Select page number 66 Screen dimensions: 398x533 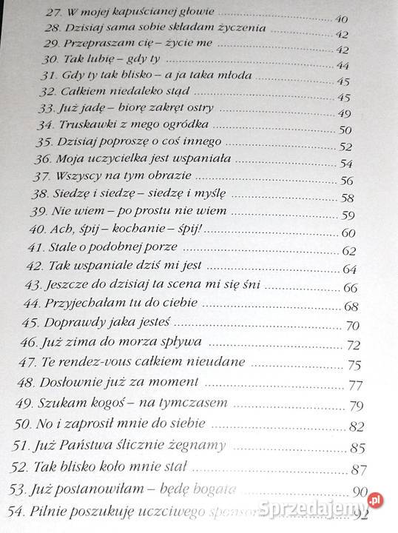(350, 287)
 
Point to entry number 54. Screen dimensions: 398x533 (16, 510)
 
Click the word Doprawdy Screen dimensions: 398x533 (76, 324)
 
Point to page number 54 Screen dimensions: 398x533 (345, 164)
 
